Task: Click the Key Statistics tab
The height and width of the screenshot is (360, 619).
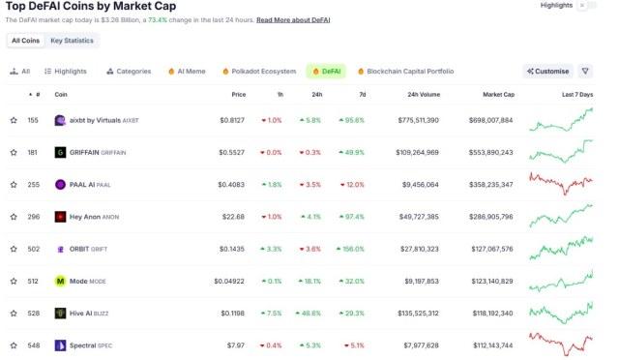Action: pyautogui.click(x=72, y=41)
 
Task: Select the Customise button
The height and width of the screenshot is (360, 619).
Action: pyautogui.click(x=547, y=71)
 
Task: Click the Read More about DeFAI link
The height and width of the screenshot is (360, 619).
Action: pyautogui.click(x=293, y=19)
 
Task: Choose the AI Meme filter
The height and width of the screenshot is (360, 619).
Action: pyautogui.click(x=188, y=71)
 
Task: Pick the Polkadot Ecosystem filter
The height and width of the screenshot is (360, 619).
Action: pyautogui.click(x=258, y=71)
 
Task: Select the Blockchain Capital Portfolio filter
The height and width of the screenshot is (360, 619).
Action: pyautogui.click(x=405, y=71)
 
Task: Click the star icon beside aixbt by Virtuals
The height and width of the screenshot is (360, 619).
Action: pyautogui.click(x=14, y=120)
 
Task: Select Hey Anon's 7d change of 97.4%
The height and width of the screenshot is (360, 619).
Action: pyautogui.click(x=351, y=217)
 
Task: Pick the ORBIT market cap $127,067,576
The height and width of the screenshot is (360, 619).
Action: pyautogui.click(x=492, y=249)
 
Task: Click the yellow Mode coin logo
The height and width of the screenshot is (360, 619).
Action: pyautogui.click(x=60, y=281)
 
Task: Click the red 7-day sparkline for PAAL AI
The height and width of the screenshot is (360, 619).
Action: pyautogui.click(x=561, y=182)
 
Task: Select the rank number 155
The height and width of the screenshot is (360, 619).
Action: pyautogui.click(x=33, y=120)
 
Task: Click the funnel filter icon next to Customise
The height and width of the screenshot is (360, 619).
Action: pyautogui.click(x=585, y=71)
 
